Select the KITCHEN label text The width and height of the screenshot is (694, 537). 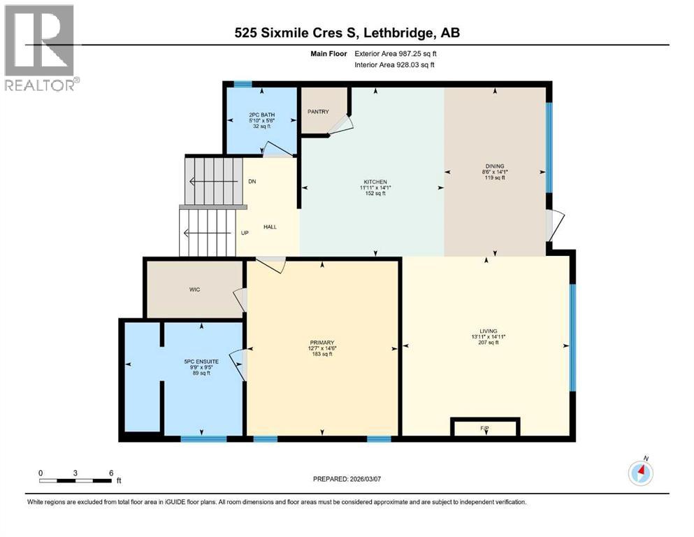tap(373, 182)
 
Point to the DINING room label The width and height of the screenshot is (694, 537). tap(495, 166)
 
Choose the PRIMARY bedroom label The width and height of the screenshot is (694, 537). tap(322, 343)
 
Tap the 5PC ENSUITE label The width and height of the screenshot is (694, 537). tap(201, 361)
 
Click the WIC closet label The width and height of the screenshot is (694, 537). tap(194, 289)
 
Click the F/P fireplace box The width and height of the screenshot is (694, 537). tap(485, 427)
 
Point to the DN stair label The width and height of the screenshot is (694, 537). tap(252, 182)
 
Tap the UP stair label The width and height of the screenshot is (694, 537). tap(245, 233)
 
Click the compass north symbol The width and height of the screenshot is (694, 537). tap(641, 473)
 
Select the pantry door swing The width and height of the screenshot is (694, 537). tap(340, 124)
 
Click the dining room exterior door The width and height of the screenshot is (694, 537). tap(552, 224)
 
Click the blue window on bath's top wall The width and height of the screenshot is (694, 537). tap(243, 85)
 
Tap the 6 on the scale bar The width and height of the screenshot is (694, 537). tap(110, 472)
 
